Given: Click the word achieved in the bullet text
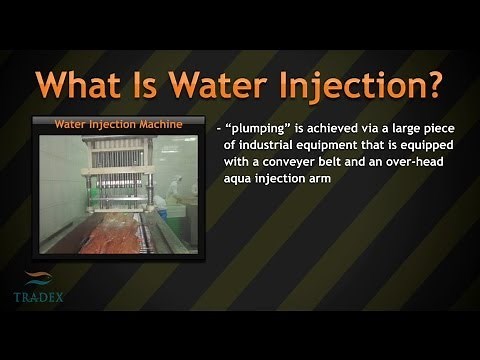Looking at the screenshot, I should pyautogui.click(x=338, y=131).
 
